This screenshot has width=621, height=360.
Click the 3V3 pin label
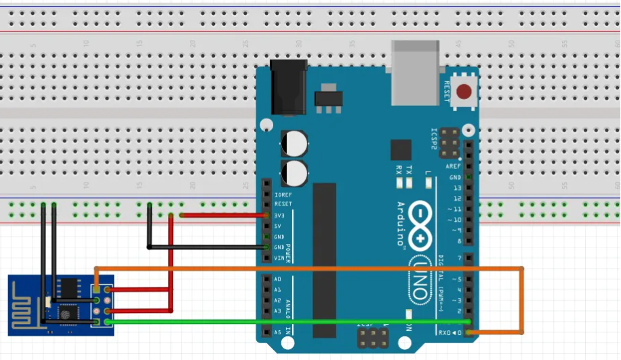pyautogui.click(x=278, y=215)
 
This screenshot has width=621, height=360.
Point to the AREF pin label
pyautogui.click(x=454, y=166)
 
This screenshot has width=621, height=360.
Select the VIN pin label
pyautogui.click(x=278, y=258)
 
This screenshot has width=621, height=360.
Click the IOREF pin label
pyautogui.click(x=282, y=194)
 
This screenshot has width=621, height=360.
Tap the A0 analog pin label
pyautogui.click(x=277, y=279)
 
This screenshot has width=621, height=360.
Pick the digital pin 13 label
pyautogui.click(x=457, y=188)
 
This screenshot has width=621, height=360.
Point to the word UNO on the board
pyautogui.click(x=420, y=277)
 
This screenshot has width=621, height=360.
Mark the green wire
pyautogui.click(x=285, y=321)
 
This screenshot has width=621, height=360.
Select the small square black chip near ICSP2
pyautogui.click(x=401, y=151)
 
